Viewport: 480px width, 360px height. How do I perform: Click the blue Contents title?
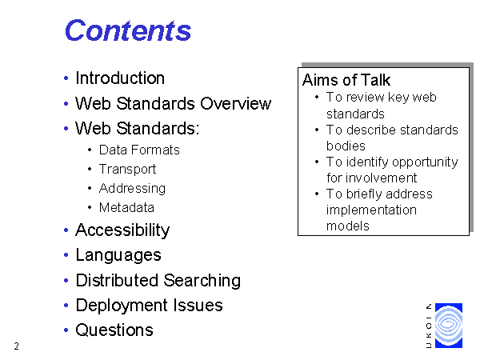[128, 30]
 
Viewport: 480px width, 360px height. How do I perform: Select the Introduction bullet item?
[120, 78]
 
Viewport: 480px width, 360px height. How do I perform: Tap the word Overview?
[236, 103]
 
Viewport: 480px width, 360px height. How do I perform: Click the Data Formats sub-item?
[139, 150]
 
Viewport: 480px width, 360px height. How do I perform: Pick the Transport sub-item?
[128, 170]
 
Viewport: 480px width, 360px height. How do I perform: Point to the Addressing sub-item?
[132, 189]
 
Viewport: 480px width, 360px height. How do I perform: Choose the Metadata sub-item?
[126, 207]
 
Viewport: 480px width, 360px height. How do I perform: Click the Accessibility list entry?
[122, 230]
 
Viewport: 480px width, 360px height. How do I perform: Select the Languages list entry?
[118, 255]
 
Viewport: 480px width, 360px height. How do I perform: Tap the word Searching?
[202, 281]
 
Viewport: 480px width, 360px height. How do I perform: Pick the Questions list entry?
[114, 330]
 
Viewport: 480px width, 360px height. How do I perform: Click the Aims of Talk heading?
[346, 80]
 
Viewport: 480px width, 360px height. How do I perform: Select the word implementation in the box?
[371, 210]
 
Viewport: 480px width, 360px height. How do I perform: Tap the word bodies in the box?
[346, 146]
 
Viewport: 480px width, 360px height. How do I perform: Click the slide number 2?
[17, 346]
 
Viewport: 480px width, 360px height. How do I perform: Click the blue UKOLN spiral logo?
[449, 326]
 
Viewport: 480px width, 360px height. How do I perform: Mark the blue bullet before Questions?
[66, 330]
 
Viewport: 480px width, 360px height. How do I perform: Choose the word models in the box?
[348, 226]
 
